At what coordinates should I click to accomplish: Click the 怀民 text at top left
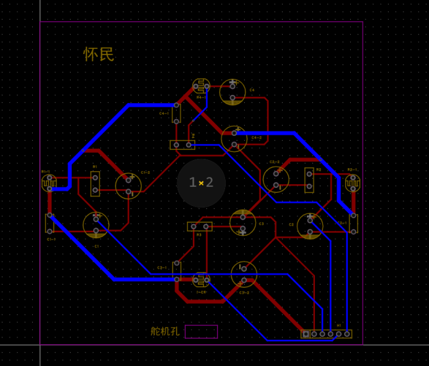[99, 55]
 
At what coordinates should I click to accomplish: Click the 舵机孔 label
[165, 331]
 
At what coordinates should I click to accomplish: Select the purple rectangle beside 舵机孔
[201, 332]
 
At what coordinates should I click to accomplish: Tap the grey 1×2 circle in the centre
[201, 182]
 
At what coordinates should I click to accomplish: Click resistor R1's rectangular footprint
[95, 184]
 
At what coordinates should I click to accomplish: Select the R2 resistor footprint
[309, 179]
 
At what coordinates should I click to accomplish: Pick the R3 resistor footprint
[200, 226]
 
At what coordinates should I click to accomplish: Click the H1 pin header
[327, 334]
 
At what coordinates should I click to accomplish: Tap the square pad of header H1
[306, 334]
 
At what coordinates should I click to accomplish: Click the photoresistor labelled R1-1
[49, 183]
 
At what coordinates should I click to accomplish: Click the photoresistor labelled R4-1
[200, 87]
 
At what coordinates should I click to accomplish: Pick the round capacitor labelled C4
[232, 92]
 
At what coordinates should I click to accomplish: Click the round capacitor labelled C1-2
[128, 185]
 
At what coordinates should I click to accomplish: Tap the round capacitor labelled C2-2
[276, 179]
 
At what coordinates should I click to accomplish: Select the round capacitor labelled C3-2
[244, 274]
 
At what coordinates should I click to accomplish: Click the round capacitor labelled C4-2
[234, 138]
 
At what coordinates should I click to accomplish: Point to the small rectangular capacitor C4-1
[177, 113]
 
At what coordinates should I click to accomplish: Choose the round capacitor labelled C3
[242, 223]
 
